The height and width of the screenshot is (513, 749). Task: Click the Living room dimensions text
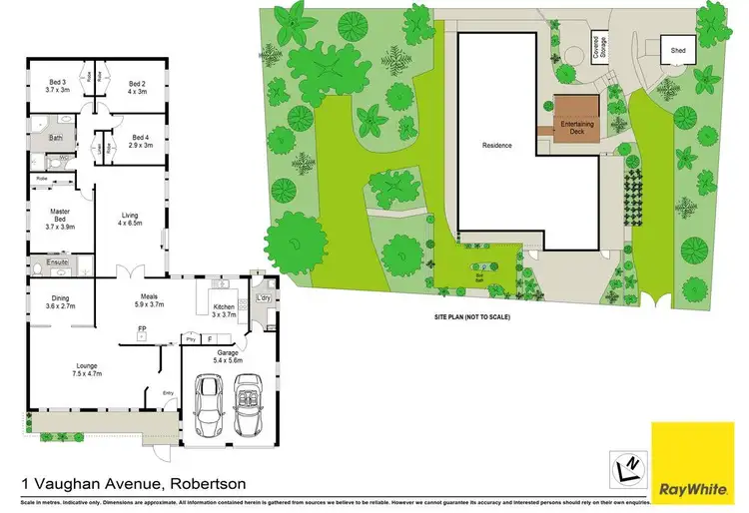click(130, 224)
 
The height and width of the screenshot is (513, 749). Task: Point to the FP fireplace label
click(142, 328)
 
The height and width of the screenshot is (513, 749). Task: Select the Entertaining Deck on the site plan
click(576, 117)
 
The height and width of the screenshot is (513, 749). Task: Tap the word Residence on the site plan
click(497, 146)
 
